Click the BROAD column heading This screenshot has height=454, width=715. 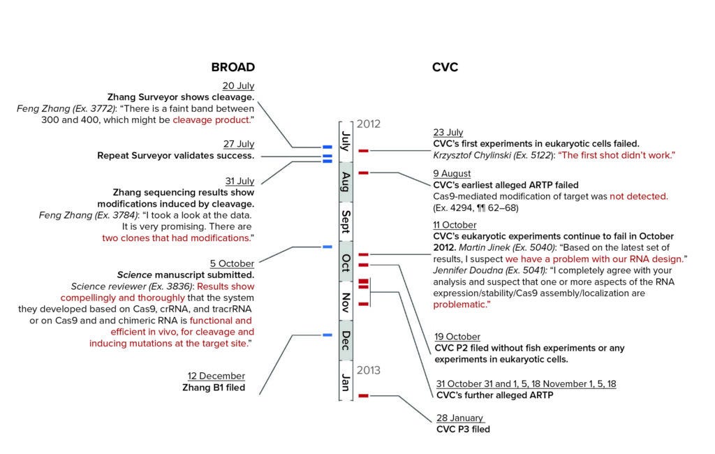(x=233, y=68)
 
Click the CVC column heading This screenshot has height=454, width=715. (x=445, y=68)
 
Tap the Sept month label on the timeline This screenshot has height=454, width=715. (x=346, y=222)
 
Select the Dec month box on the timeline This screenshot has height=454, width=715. (x=346, y=340)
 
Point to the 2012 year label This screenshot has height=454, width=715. (x=368, y=124)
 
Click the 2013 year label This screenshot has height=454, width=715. (x=368, y=370)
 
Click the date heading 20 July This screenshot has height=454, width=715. (x=238, y=86)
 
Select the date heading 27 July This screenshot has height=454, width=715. (x=238, y=144)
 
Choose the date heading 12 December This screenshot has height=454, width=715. (x=216, y=376)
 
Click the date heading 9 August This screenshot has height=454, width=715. (x=452, y=173)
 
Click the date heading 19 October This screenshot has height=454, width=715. (x=457, y=337)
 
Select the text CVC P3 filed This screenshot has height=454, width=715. (x=462, y=429)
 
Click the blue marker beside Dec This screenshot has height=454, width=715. (x=327, y=336)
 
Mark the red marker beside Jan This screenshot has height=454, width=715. (x=363, y=396)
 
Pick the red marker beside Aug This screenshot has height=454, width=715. (x=363, y=172)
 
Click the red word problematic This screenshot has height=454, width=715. (x=460, y=305)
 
